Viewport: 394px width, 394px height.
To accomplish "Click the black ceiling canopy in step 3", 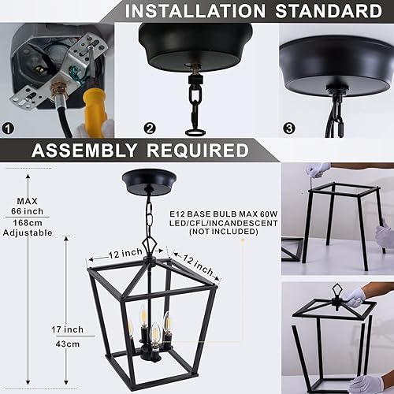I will (x=337, y=59).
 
